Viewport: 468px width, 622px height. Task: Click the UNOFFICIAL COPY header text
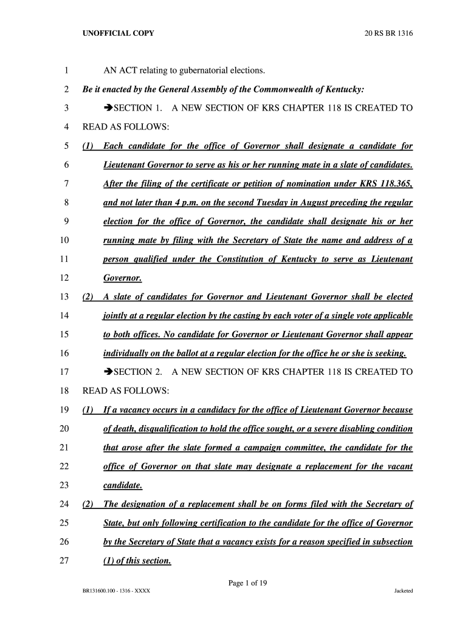119,33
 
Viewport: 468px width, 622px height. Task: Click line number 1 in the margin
64,71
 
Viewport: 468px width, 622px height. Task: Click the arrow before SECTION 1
109,109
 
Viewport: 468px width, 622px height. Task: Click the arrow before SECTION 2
109,372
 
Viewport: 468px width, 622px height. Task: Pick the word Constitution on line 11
235,259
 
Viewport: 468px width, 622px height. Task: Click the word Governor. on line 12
123,278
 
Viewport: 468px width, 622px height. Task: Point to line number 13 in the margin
64,296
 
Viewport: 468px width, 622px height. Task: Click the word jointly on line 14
116,315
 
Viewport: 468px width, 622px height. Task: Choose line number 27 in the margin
64,561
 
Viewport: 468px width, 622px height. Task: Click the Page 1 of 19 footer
248,583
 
